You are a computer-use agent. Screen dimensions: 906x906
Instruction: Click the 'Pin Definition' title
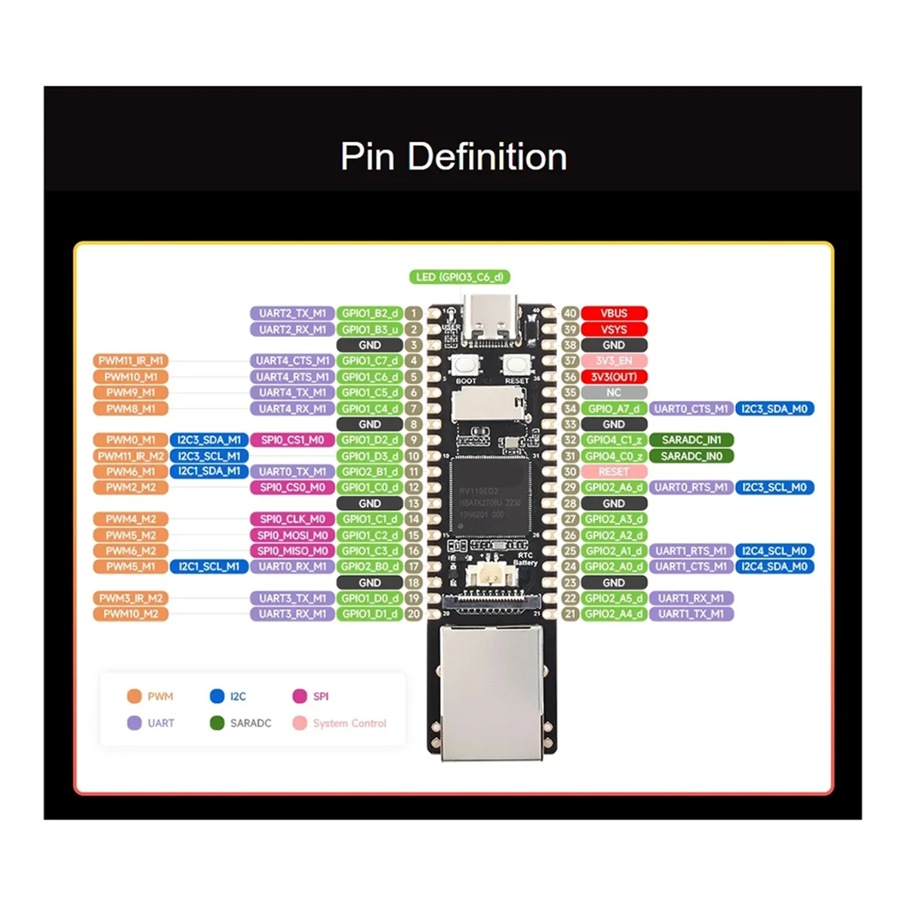pos(453,156)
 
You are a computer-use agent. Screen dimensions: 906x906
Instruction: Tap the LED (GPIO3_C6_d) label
pos(459,277)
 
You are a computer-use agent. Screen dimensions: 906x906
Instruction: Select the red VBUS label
pos(614,313)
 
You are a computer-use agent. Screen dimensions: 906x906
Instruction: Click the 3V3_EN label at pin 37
pos(614,361)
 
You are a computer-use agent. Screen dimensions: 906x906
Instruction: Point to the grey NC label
pos(614,393)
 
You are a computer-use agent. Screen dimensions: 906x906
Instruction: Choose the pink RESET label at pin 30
pos(614,472)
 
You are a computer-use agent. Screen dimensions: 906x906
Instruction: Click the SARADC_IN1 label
pos(691,440)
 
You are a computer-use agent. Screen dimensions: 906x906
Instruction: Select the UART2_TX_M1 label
pos(292,313)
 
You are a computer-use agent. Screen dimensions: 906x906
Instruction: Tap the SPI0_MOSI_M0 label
pos(292,535)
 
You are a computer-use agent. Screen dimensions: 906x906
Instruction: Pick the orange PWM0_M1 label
pos(131,440)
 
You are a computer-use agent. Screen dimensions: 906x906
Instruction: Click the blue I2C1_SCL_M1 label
pos(209,566)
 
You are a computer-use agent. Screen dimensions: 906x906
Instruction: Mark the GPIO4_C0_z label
pos(614,456)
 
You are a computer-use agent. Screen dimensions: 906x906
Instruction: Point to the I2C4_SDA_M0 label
pos(774,566)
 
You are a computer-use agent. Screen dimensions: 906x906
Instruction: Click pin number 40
pos(570,313)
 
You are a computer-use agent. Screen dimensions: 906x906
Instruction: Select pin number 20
pos(413,614)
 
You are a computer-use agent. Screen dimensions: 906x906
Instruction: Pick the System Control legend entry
pos(339,723)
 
